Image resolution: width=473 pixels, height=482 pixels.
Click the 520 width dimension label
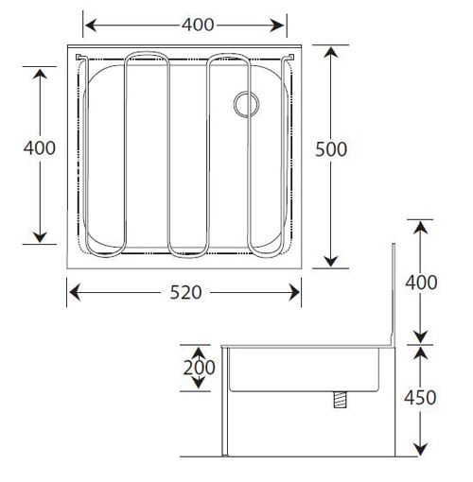coord(185,292)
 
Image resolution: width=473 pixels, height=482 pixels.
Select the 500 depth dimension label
coord(331,149)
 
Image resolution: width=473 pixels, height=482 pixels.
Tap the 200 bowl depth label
coord(199,368)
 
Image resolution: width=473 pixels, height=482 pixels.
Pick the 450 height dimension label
coord(420,398)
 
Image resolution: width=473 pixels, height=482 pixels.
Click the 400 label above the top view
coord(198,25)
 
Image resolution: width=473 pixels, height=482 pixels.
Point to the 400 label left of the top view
coord(40,147)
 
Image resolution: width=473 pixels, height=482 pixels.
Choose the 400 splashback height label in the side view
coord(421,283)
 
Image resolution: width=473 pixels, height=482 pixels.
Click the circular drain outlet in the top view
coord(246,104)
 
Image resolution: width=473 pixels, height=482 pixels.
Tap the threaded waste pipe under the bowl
coord(341,400)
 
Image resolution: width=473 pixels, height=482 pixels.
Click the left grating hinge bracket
coord(80,58)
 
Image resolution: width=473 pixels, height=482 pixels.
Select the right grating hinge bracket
coord(289,58)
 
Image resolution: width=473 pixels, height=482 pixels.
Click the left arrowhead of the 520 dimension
coord(75,292)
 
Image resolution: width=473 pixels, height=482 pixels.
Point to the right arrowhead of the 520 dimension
coord(294,292)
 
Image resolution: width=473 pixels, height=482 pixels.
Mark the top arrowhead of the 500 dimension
coord(331,52)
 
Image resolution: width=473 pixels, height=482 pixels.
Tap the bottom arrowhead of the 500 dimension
coord(331,261)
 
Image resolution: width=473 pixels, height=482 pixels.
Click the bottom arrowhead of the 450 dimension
coord(420,449)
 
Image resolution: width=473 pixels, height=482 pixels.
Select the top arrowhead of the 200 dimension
coord(198,352)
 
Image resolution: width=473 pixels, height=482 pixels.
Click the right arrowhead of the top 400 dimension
coord(278,26)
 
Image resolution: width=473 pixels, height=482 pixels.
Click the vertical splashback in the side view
coord(393,294)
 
